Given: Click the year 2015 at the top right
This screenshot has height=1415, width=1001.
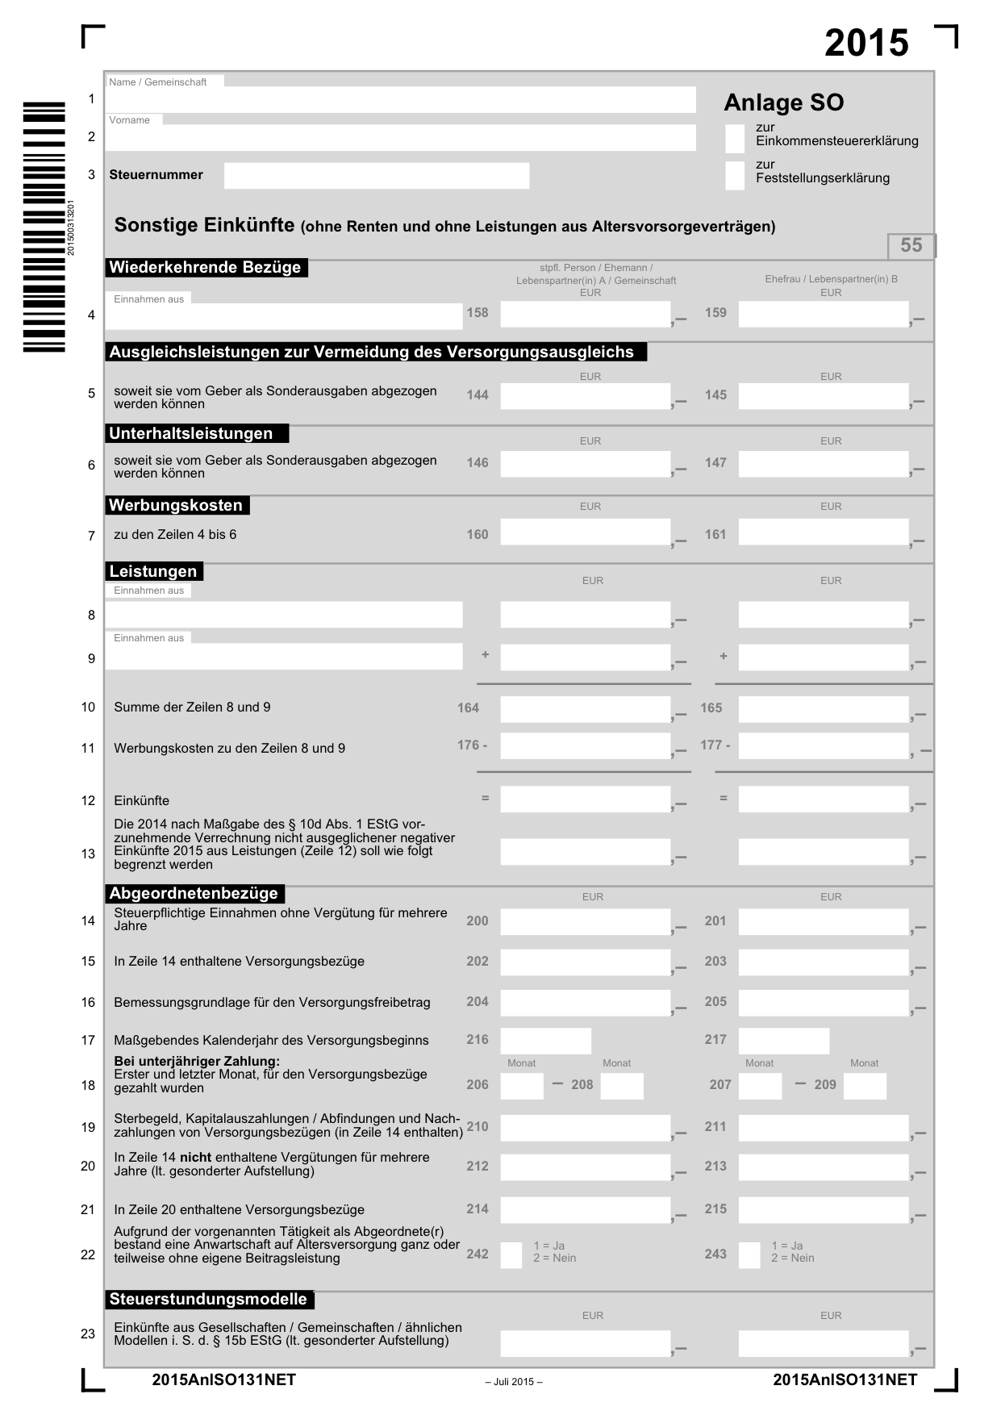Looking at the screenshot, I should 866,44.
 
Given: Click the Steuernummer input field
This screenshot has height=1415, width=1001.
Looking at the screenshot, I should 376,176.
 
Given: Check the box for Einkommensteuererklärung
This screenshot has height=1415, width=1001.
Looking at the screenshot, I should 734,139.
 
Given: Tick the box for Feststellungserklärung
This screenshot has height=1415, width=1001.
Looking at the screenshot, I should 734,176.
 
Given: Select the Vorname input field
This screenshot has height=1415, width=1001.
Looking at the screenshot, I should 400,138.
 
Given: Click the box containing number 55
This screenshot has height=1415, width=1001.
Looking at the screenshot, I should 911,245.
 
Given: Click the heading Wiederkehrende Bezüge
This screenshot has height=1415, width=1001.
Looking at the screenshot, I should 206,268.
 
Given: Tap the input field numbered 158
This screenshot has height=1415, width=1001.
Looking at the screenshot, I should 585,315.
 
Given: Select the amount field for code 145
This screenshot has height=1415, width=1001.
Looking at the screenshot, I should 824,396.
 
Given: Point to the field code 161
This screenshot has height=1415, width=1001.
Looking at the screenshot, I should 715,535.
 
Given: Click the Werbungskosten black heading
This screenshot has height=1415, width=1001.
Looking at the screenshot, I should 177,506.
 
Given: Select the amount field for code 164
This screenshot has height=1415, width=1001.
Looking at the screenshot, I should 585,709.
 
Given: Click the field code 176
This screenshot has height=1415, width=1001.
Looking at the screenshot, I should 472,745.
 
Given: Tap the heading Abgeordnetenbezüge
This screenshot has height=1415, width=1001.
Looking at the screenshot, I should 194,894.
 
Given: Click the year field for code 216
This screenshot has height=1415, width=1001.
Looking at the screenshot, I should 545,1041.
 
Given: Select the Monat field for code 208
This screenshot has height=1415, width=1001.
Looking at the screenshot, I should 622,1086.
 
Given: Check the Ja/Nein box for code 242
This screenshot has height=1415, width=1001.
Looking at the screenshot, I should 511,1255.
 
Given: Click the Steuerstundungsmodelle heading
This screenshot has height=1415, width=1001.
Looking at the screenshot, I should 209,1300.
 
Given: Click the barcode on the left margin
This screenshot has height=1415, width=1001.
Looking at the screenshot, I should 44,227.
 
